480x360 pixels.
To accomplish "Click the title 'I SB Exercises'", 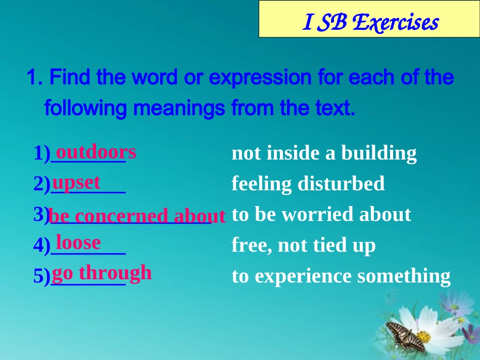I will [x=370, y=23].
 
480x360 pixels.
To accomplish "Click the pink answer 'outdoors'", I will [x=96, y=151].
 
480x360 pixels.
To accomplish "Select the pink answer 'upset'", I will [x=76, y=182].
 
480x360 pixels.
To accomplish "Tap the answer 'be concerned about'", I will [x=136, y=216].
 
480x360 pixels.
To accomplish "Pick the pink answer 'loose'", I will [x=78, y=242].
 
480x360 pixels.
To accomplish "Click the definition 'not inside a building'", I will [x=324, y=153].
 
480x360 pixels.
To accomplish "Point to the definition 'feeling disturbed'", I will [x=308, y=184].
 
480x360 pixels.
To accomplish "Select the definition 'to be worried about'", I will [x=321, y=214].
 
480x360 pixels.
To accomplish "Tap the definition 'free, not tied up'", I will [x=303, y=245].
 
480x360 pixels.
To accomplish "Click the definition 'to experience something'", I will [x=341, y=276].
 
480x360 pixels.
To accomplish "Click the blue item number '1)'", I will [x=42, y=153].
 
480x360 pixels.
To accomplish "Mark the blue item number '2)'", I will [x=42, y=184].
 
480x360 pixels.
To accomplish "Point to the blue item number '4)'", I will [x=42, y=245].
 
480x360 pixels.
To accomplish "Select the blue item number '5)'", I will [x=42, y=276].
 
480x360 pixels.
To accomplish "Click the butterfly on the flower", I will [x=406, y=336].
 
